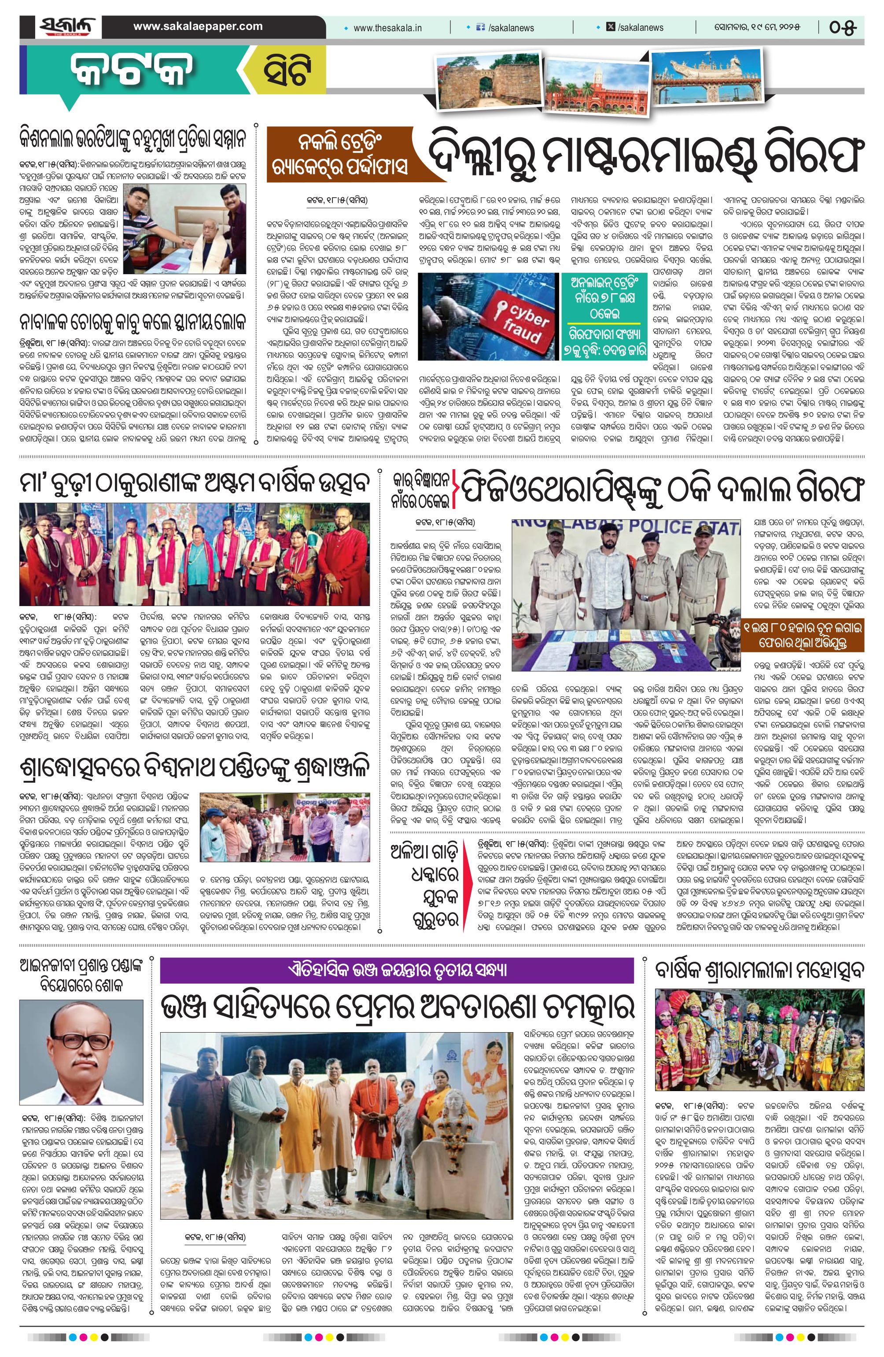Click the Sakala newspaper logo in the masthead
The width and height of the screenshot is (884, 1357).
coord(67,27)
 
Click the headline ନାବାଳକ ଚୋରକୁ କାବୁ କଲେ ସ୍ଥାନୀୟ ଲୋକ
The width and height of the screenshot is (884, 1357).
coord(133,322)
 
